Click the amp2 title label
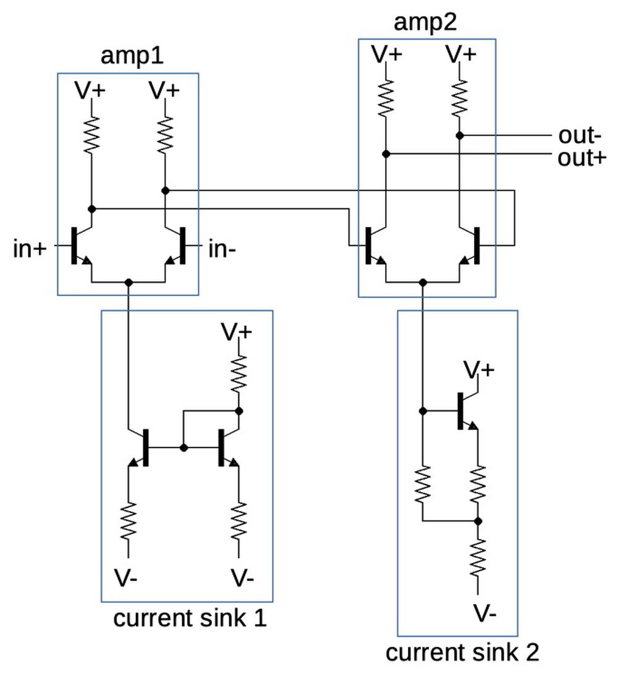[425, 23]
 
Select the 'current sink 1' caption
[190, 618]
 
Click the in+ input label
[30, 249]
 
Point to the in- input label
[222, 249]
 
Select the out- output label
[579, 135]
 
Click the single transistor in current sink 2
[465, 411]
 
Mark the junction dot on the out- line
[459, 135]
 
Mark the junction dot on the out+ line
[385, 153]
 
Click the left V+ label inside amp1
[90, 90]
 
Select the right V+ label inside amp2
[461, 55]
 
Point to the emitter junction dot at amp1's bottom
[129, 282]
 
